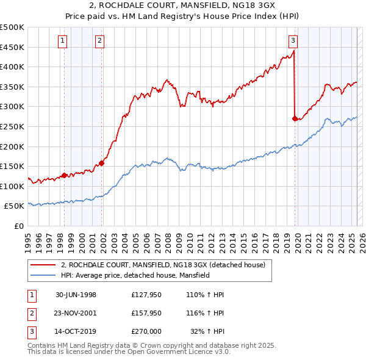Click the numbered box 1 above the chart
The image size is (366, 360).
(x=63, y=41)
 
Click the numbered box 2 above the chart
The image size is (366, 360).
(x=99, y=41)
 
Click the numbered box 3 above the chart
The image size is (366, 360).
(x=293, y=41)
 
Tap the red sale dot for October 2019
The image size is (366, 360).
(x=295, y=118)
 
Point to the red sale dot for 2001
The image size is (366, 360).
(x=102, y=163)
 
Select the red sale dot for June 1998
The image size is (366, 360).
(x=65, y=175)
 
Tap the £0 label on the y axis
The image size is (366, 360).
(x=18, y=226)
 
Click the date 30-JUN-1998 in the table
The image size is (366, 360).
(x=76, y=295)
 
